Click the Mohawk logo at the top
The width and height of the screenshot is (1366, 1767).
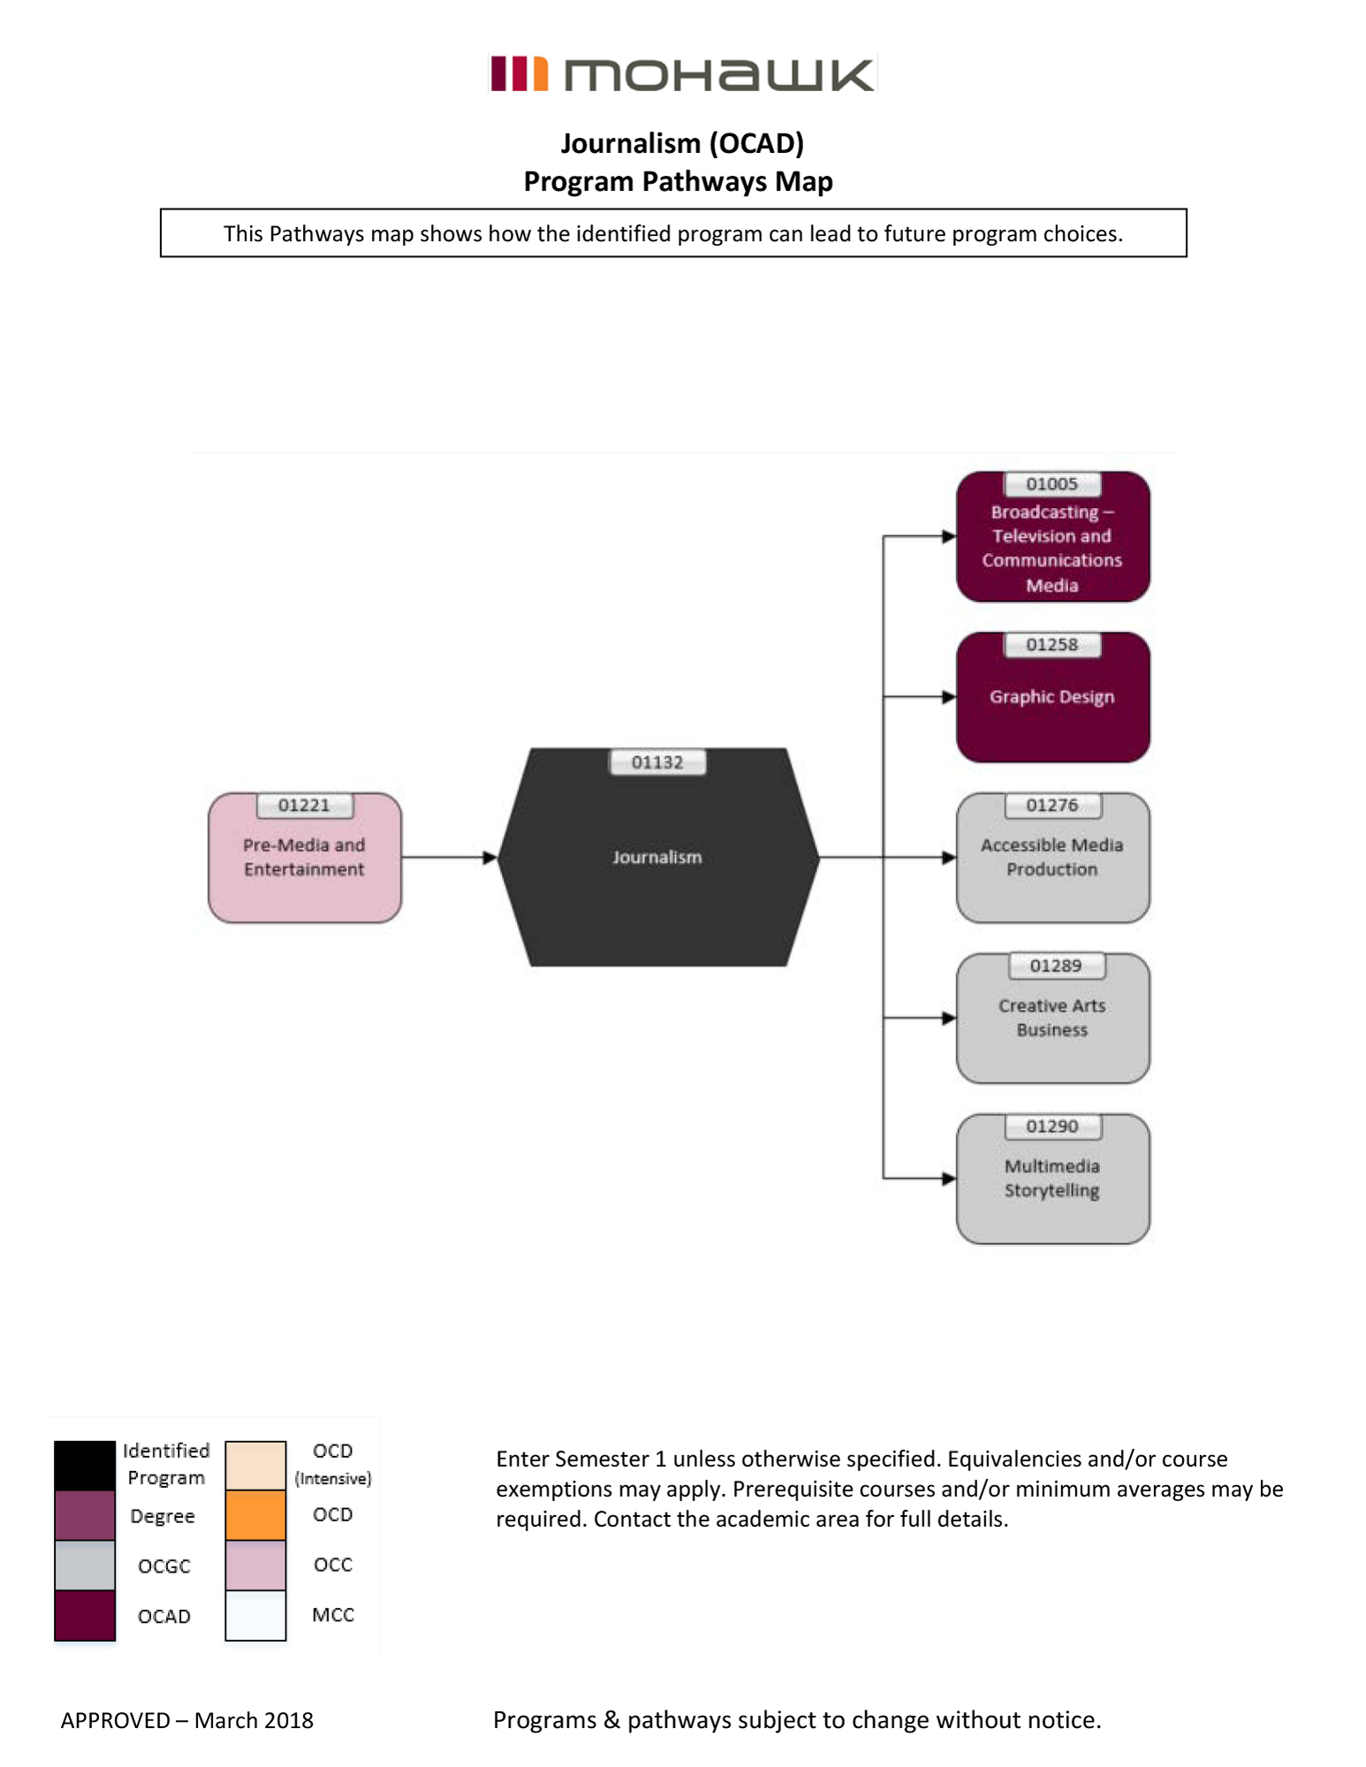682,74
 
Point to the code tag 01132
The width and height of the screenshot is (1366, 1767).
657,762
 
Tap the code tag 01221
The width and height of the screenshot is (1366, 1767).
304,805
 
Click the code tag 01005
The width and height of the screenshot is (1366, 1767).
1051,484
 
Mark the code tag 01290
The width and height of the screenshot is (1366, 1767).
1051,1126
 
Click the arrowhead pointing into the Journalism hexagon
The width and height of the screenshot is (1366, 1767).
489,857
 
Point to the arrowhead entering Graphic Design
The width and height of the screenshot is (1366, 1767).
949,697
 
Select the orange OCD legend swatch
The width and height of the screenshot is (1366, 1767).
255,1515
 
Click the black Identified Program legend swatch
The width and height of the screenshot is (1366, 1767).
85,1465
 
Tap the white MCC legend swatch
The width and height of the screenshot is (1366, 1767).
255,1615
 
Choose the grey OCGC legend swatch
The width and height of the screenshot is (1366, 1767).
85,1565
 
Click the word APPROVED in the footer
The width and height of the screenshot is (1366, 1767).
115,1720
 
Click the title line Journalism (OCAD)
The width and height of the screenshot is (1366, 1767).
682,143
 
